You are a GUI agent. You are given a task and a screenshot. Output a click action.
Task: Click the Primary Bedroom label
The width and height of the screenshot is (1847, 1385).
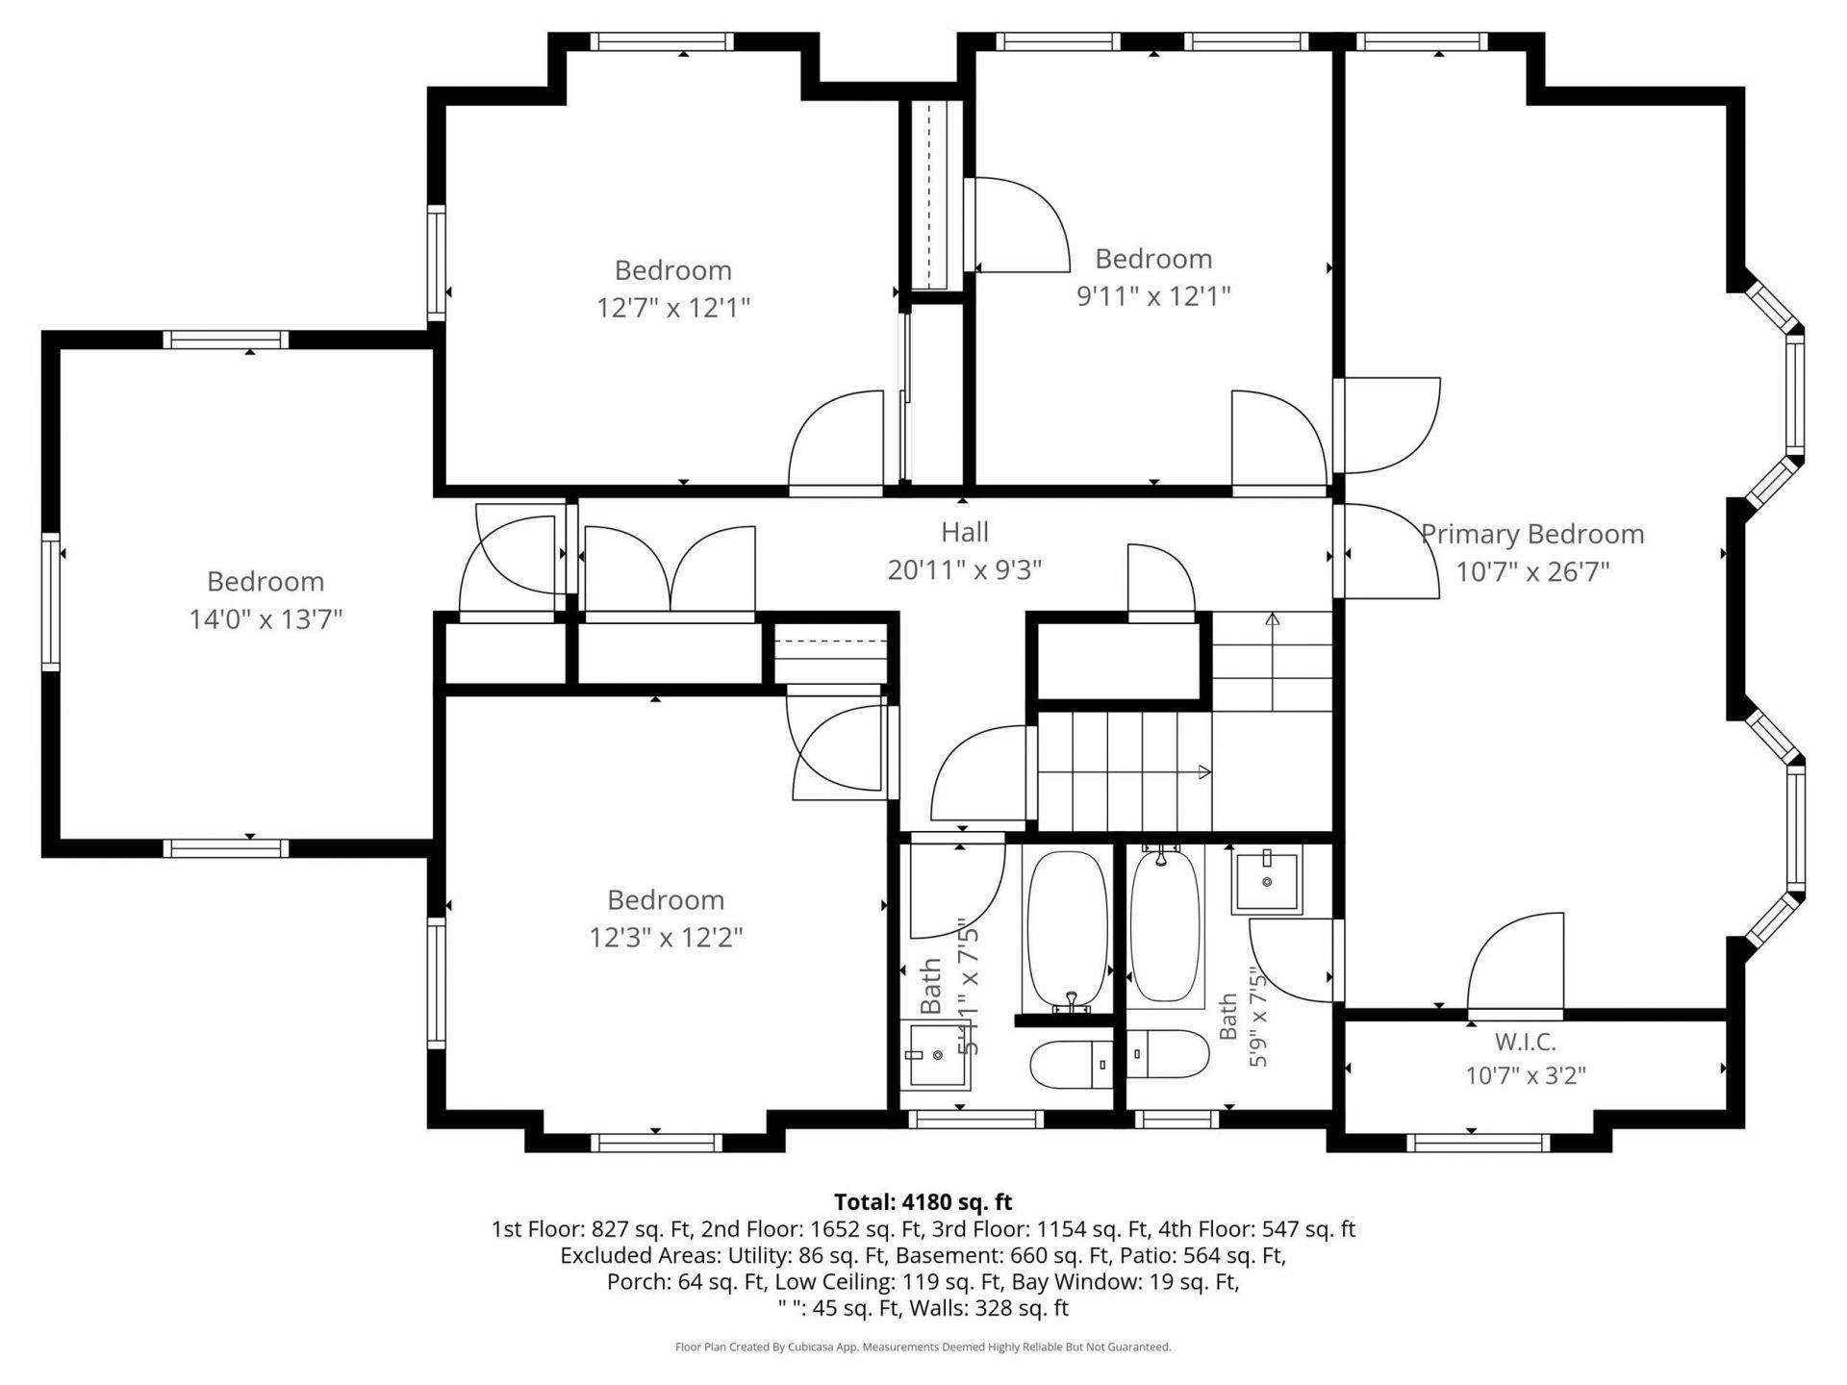1532,535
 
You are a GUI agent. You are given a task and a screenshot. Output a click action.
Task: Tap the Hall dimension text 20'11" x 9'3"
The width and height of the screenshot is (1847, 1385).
965,570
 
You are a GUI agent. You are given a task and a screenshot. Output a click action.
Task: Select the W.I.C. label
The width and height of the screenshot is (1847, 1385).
1526,1042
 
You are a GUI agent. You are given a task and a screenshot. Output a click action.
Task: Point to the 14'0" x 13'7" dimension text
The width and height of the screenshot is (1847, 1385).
266,618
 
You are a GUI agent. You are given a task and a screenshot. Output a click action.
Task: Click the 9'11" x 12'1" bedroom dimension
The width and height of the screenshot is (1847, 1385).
1153,295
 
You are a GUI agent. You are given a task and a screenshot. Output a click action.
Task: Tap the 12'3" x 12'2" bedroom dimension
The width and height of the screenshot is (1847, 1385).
666,937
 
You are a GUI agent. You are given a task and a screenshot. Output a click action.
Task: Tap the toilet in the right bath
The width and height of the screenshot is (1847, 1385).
1168,1054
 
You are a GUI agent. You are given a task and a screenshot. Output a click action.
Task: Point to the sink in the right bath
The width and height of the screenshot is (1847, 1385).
1267,881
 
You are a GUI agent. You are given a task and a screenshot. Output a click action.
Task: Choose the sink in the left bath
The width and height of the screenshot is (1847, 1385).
939,1056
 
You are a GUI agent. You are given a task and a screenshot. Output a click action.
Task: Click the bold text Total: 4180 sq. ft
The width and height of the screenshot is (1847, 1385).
923,1201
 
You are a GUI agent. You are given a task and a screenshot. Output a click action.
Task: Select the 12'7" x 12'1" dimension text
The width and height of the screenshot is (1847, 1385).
673,308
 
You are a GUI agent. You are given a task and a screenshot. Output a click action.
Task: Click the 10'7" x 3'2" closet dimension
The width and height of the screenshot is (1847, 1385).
1526,1074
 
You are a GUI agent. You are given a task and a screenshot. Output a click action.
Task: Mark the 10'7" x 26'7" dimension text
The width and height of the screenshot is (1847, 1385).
1532,572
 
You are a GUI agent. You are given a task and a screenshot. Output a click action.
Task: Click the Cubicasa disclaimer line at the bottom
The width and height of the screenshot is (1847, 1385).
923,1347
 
